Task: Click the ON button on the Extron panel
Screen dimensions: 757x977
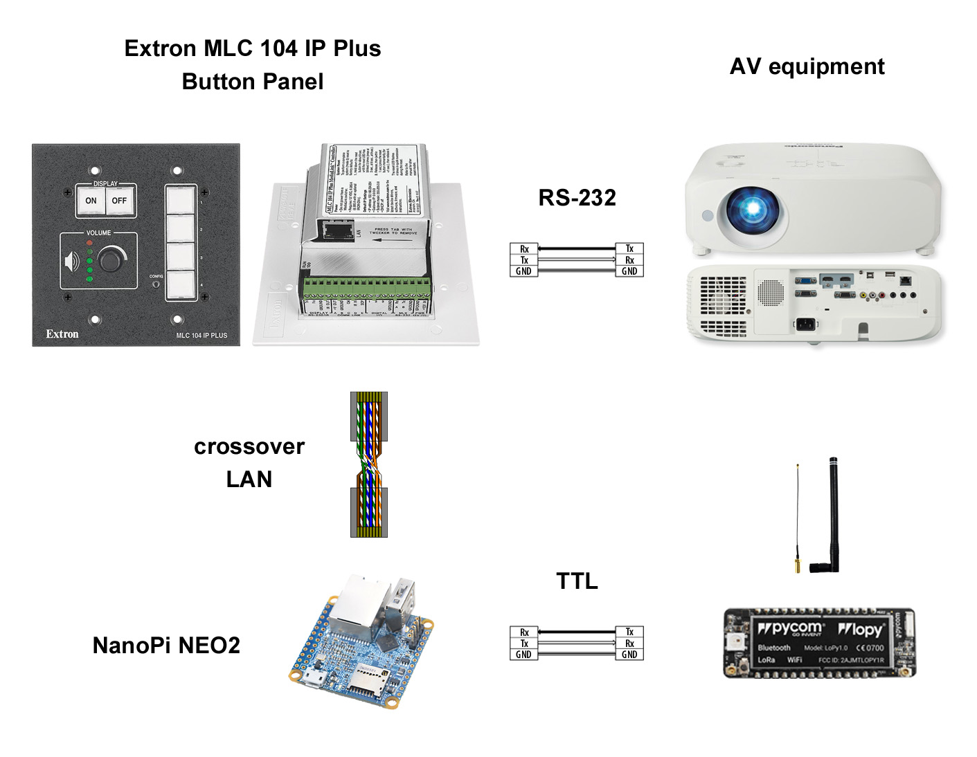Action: (x=91, y=201)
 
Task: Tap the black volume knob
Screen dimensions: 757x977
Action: (x=111, y=260)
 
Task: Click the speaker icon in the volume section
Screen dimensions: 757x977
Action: (x=71, y=262)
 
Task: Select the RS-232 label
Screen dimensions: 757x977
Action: (x=577, y=198)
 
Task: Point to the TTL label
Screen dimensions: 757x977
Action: (x=577, y=581)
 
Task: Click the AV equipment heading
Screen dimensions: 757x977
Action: (x=807, y=66)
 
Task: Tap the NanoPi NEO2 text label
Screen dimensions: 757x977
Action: (x=166, y=646)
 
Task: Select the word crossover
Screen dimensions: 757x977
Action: (x=249, y=447)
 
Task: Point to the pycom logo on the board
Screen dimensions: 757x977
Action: (x=791, y=628)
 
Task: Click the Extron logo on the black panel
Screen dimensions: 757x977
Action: (x=62, y=334)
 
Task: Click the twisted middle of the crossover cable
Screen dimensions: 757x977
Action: (x=369, y=464)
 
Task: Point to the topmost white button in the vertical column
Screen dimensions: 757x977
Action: (x=181, y=201)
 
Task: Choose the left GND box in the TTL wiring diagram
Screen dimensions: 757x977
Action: (x=524, y=655)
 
